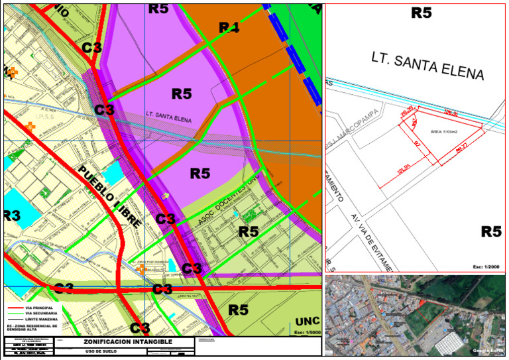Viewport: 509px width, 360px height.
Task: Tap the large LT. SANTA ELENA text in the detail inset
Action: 428,65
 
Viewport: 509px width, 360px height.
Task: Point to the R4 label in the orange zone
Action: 229,27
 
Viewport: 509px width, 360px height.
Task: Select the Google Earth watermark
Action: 486,349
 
